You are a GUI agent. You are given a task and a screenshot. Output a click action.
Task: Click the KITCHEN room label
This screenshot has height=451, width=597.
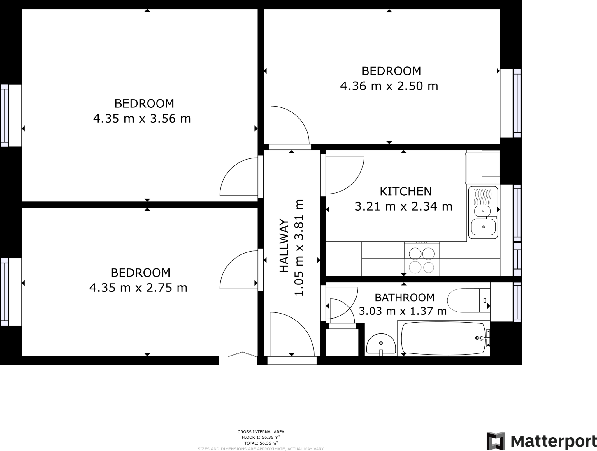(x=405, y=192)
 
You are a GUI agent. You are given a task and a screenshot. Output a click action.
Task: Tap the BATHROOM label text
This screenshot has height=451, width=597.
(x=405, y=298)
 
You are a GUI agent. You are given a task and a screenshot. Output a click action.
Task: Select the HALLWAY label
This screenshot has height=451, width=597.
(x=284, y=246)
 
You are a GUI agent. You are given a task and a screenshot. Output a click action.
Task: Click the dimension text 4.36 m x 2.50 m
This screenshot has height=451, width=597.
(x=389, y=86)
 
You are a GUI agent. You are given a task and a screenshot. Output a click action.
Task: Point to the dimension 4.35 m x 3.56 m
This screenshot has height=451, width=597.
(x=142, y=119)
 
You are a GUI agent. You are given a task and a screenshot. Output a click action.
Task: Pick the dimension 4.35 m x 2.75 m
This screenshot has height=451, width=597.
(x=138, y=288)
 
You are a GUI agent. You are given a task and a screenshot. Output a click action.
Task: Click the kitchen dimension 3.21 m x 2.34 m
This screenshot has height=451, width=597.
(x=403, y=207)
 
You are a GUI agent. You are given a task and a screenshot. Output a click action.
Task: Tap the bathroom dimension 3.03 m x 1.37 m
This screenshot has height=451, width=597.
(x=403, y=311)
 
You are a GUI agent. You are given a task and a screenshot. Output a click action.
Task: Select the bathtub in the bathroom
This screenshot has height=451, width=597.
(x=444, y=338)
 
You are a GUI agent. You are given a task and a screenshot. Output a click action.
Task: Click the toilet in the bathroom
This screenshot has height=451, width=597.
(x=469, y=300)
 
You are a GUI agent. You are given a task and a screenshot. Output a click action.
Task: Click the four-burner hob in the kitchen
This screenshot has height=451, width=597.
(x=422, y=259)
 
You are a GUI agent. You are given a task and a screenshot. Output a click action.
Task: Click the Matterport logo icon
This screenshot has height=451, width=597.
(x=496, y=441)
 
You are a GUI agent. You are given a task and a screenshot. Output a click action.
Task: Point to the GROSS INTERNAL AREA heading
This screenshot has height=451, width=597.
(x=261, y=432)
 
